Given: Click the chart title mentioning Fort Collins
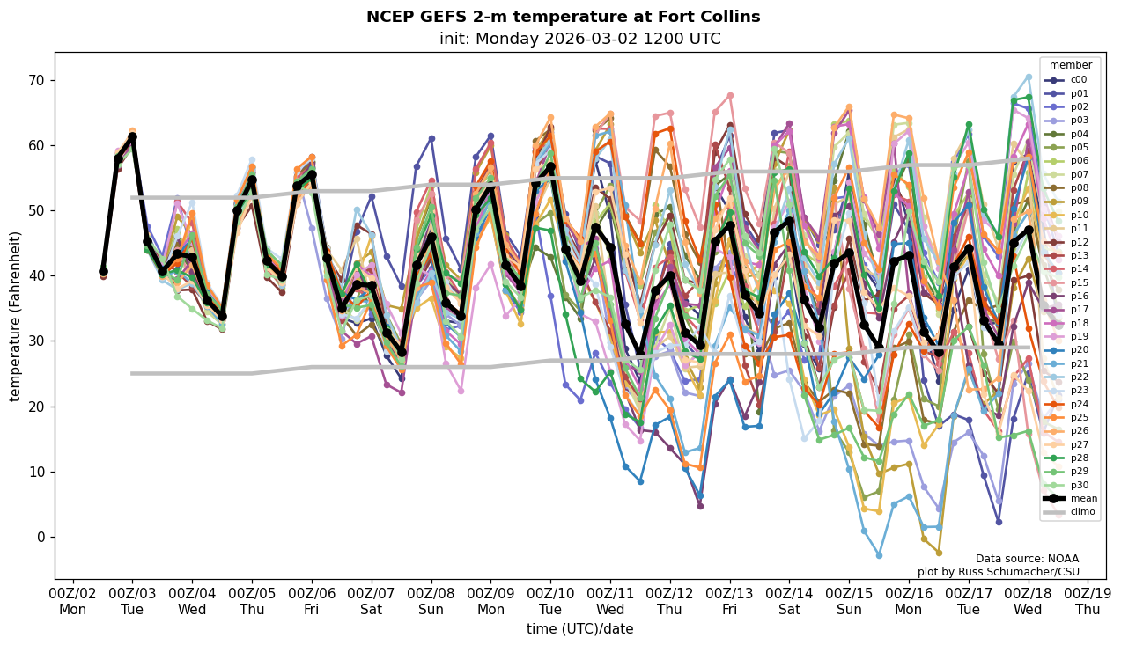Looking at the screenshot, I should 563,17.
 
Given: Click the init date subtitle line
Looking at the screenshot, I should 579,39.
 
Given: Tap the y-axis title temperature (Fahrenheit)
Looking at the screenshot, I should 15,316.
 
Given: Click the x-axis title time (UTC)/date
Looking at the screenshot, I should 579,629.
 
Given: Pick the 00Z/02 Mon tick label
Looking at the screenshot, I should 72,601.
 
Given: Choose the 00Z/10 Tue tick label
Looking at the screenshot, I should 550,601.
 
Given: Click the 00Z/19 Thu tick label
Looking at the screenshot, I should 1088,601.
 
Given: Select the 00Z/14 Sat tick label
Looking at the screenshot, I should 789,601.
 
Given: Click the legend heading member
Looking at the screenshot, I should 1070,65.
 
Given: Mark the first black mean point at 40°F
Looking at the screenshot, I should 103,271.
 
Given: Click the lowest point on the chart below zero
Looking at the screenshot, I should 879,555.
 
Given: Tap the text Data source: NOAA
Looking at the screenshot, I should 1027,559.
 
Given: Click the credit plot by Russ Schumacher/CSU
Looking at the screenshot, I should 998,572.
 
